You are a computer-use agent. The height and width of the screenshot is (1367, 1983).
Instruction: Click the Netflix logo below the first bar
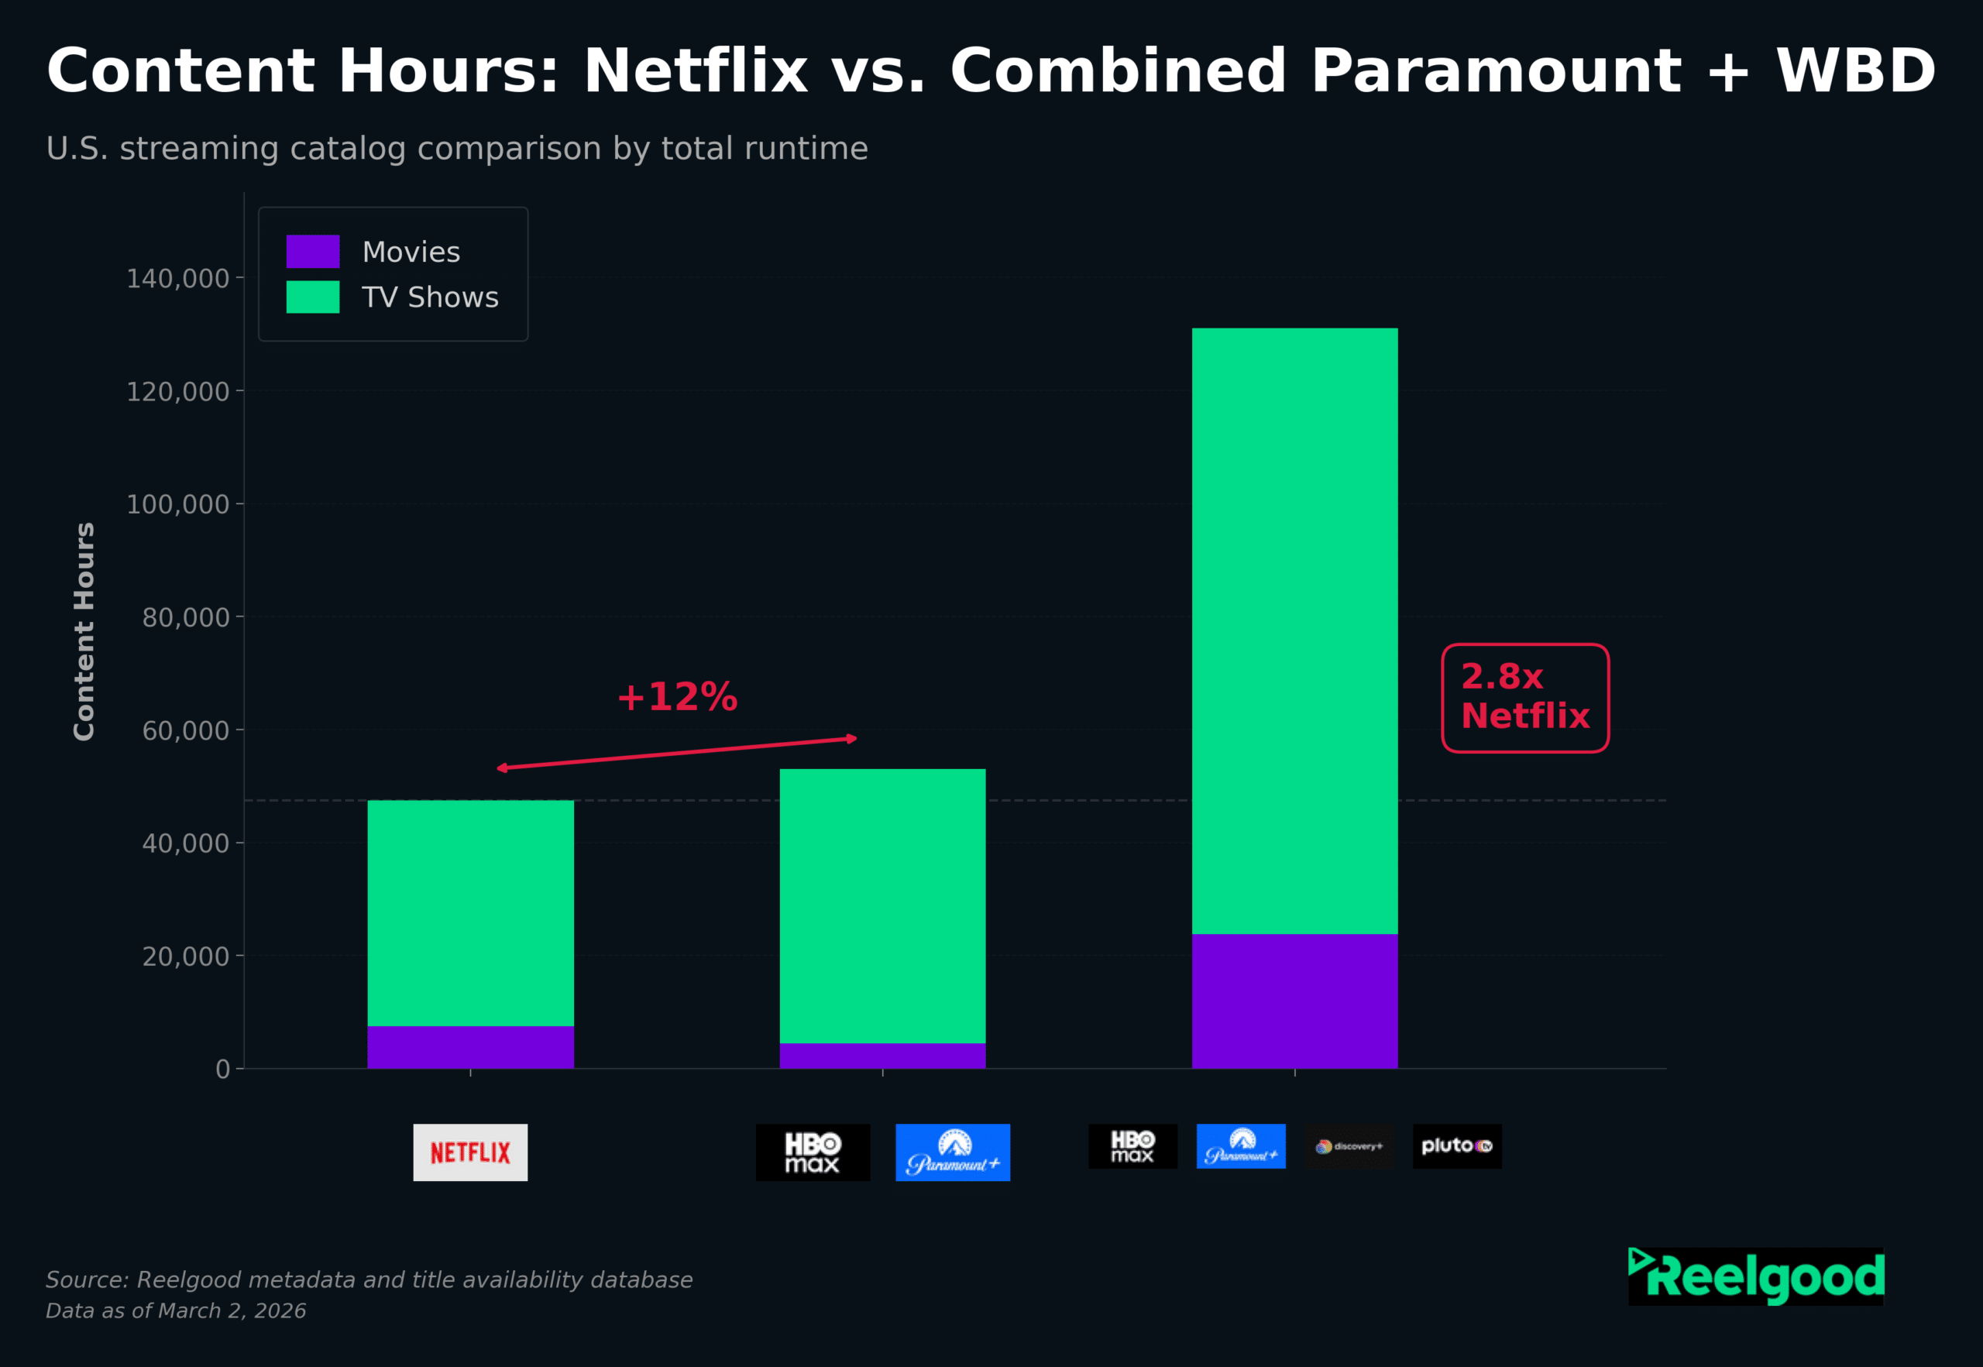point(470,1152)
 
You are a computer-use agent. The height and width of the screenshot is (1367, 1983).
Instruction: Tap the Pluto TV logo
point(1456,1146)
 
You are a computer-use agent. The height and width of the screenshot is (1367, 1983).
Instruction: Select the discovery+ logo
point(1349,1146)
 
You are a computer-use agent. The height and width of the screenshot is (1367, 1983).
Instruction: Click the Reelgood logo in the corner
point(1755,1276)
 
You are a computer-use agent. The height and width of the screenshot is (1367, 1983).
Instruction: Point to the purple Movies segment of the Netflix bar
point(470,1046)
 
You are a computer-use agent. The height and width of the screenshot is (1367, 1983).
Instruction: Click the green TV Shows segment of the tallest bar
point(1294,630)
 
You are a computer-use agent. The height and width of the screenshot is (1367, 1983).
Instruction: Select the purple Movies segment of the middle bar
point(882,1055)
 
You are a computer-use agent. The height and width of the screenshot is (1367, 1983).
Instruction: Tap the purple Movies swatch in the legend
point(313,252)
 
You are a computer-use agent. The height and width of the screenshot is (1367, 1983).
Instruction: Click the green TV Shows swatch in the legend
point(313,297)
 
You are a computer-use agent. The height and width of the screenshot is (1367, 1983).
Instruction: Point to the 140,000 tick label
point(178,278)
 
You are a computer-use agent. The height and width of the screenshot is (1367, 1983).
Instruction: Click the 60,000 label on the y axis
point(186,730)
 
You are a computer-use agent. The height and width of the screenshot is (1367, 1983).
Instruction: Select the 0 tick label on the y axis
point(223,1069)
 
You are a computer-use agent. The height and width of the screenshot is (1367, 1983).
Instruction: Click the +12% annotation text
point(677,697)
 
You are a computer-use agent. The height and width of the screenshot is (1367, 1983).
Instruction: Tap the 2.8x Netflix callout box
point(1524,697)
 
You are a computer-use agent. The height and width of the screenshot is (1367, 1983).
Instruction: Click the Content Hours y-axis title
point(84,631)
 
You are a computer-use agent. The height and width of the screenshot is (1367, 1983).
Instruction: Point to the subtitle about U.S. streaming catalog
point(456,148)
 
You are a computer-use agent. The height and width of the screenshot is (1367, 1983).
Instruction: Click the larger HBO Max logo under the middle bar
point(812,1152)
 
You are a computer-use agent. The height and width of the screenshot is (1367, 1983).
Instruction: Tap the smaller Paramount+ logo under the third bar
point(1240,1146)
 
